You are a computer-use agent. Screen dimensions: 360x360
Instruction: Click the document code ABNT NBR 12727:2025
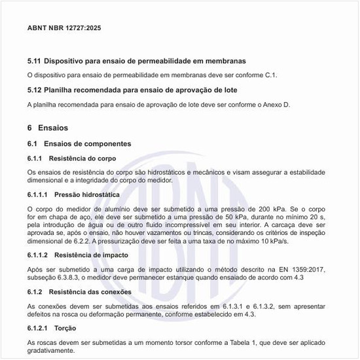pyautogui.click(x=64, y=28)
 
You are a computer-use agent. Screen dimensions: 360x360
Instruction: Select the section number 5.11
pyautogui.click(x=34, y=62)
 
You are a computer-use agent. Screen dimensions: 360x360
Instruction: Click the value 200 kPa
pyautogui.click(x=252, y=207)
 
